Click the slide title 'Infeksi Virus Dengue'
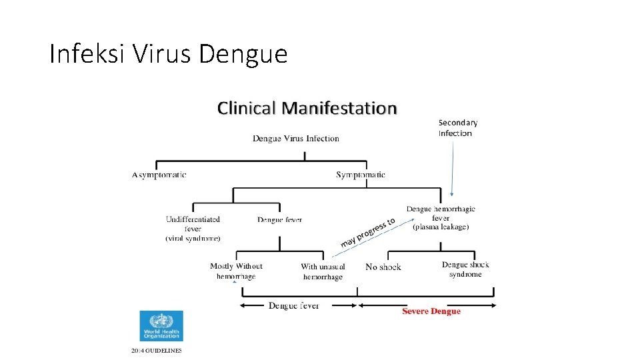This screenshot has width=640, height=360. click(x=168, y=53)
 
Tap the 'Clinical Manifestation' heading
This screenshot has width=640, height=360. click(x=307, y=108)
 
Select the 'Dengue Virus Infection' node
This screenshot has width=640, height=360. click(x=295, y=139)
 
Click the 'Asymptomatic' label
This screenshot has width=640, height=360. click(x=159, y=175)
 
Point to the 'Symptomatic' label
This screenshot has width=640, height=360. click(x=361, y=175)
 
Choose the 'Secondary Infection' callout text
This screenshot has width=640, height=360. click(x=457, y=127)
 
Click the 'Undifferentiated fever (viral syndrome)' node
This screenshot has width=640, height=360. click(x=193, y=228)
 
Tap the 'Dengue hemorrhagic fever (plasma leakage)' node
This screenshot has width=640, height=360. click(x=441, y=218)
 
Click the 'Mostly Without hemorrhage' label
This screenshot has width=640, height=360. click(x=236, y=271)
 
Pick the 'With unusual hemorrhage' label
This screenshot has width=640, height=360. click(x=323, y=271)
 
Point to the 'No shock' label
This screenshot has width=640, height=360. click(x=383, y=267)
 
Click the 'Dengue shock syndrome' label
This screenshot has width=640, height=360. click(x=465, y=269)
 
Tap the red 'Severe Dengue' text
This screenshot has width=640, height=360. click(x=431, y=311)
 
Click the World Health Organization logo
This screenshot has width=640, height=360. click(x=161, y=326)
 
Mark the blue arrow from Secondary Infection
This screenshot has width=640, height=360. click(x=453, y=167)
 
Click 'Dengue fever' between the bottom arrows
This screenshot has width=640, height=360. click(x=293, y=306)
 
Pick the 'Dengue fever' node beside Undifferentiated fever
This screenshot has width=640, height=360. click(x=279, y=219)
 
